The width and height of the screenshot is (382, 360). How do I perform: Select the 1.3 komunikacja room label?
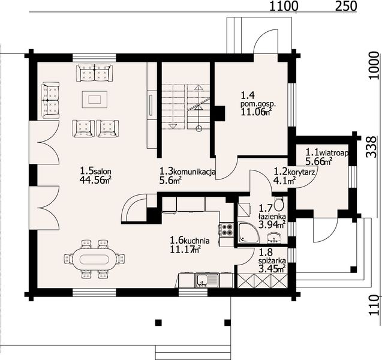click(187, 171)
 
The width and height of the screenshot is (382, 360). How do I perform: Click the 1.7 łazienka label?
click(271, 215)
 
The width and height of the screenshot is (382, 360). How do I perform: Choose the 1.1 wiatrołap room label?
click(327, 153)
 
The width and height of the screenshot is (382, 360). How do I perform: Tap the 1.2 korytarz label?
click(294, 171)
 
